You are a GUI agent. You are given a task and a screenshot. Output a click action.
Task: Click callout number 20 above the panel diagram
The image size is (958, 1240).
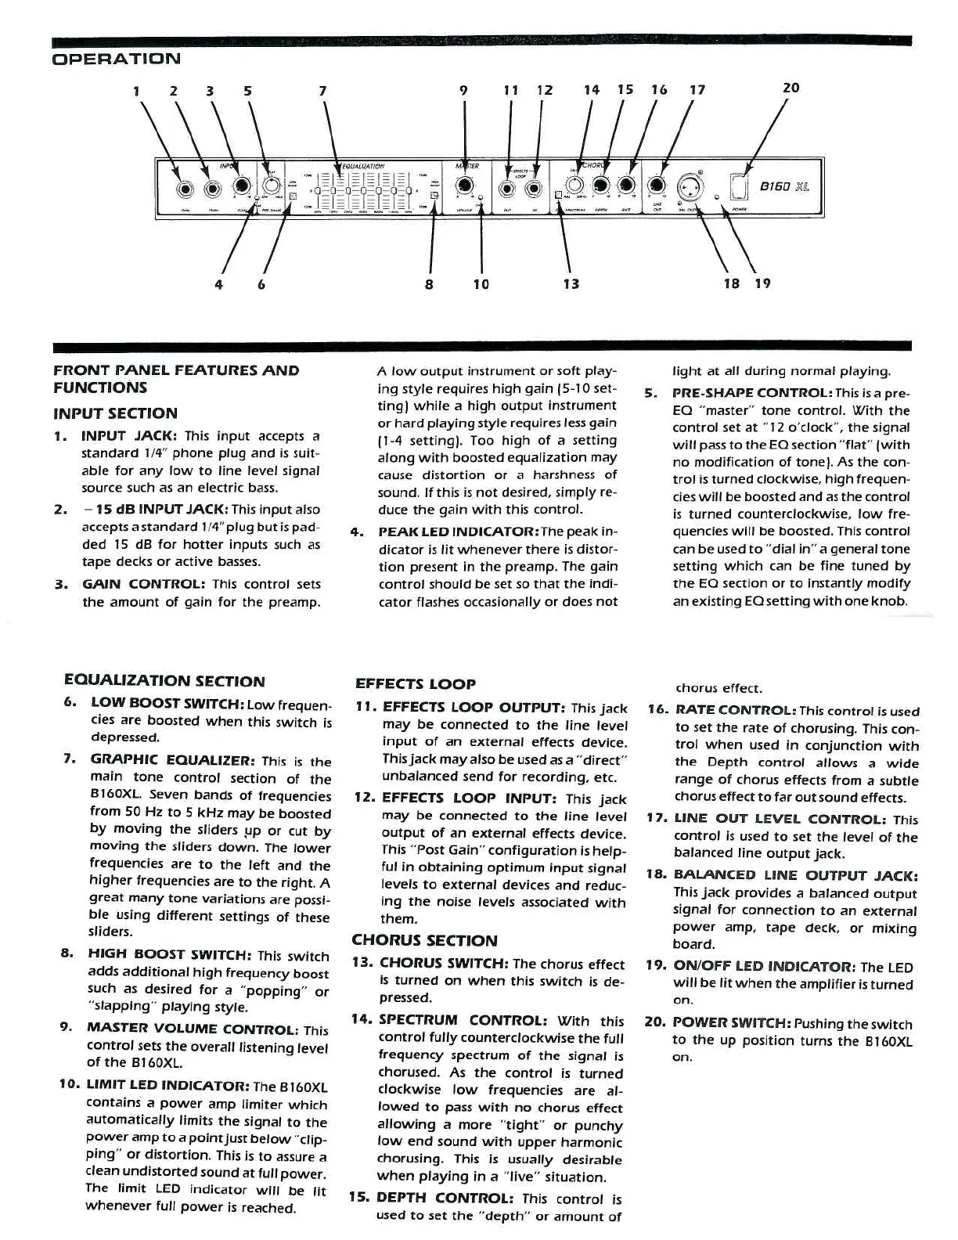[x=791, y=88]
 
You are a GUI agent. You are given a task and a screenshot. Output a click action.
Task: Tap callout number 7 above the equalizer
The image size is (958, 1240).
[x=322, y=90]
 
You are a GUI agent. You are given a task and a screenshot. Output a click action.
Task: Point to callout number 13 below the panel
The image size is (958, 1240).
[x=571, y=283]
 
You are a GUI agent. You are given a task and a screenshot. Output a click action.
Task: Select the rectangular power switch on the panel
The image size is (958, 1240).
[x=740, y=186]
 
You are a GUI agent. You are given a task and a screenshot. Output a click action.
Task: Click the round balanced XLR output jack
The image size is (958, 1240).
[x=693, y=186]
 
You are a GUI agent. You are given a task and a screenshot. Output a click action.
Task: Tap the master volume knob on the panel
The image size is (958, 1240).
[x=466, y=186]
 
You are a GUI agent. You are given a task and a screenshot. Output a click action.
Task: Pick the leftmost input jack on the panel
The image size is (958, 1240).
[x=185, y=187]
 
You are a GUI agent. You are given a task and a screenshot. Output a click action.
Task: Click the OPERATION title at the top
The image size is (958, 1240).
[x=116, y=59]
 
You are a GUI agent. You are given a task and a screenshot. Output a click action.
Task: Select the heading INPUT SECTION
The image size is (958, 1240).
[x=115, y=413]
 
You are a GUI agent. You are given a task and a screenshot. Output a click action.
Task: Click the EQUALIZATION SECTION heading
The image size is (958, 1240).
[x=164, y=681]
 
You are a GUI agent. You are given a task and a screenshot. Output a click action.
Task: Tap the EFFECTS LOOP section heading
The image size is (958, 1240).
[x=416, y=683]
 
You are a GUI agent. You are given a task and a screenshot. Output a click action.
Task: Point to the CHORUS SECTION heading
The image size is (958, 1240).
[x=424, y=940]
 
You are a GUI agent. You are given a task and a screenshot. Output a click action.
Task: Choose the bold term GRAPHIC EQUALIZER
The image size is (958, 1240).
[x=173, y=759]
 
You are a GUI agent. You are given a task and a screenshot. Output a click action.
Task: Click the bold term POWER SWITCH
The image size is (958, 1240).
[x=732, y=1023]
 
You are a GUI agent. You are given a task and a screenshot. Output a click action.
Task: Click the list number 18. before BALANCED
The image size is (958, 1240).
[x=656, y=875]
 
